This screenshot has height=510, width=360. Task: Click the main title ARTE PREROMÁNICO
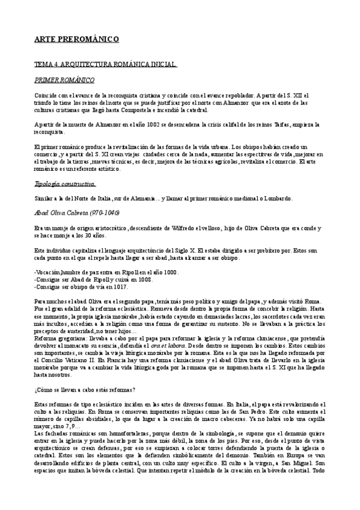point(76,40)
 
